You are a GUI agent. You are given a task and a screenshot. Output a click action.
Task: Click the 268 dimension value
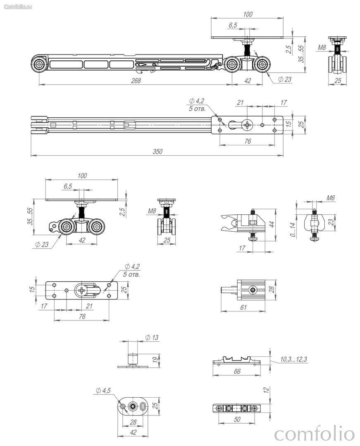coord(136,81)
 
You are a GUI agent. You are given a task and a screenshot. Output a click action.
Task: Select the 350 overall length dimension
coord(157,152)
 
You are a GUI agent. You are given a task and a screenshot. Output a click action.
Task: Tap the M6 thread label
coord(330,198)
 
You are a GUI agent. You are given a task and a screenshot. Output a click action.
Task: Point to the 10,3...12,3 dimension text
coord(293,359)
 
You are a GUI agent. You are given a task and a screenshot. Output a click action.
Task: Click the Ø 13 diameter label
coord(152,338)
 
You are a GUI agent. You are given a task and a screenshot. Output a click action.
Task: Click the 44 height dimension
coord(272,224)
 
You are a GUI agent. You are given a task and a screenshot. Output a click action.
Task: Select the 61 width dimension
coord(243,308)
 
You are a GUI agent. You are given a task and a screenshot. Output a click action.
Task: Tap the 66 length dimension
coord(237,372)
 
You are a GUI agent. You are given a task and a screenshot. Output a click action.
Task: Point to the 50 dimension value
coord(237,419)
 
